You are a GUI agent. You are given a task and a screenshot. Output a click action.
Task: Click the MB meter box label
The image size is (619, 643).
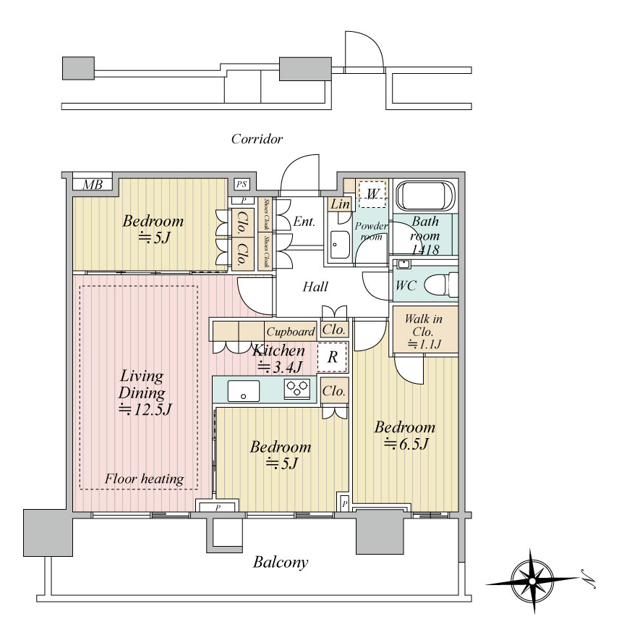click(x=93, y=185)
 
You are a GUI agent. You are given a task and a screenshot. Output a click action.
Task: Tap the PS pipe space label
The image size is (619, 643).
click(x=242, y=184)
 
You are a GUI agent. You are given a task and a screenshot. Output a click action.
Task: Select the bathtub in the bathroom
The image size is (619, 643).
click(x=425, y=196)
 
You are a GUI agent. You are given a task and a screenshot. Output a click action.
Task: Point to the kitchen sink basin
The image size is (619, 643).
click(x=244, y=391)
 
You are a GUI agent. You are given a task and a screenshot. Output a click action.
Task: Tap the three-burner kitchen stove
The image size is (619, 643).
click(x=297, y=389)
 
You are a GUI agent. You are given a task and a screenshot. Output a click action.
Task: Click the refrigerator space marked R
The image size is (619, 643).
click(x=332, y=357)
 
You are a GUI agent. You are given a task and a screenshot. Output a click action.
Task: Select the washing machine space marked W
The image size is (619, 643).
click(x=372, y=194)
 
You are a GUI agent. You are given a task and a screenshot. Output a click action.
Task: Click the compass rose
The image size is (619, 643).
click(x=532, y=581)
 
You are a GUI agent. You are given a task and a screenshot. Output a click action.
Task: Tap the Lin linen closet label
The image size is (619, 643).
click(x=340, y=203)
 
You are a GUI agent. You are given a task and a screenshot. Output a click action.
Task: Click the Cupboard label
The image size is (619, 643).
click(x=291, y=332)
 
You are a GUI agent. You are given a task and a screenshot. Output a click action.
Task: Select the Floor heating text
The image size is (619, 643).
click(x=144, y=479)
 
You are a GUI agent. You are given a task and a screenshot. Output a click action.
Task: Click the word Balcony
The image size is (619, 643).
click(x=281, y=562)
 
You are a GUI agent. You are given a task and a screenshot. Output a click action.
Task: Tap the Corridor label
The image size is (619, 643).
click(x=257, y=139)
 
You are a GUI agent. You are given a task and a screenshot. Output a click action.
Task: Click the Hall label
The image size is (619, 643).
click(x=315, y=286)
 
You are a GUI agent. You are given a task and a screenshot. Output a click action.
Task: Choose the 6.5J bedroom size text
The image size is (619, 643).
click(x=406, y=444)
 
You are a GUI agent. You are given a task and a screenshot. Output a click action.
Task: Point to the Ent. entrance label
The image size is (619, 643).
click(x=304, y=222)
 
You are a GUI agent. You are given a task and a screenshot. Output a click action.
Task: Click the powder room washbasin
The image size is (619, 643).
click(x=340, y=245)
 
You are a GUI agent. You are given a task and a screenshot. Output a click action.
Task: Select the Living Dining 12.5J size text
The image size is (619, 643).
click(x=145, y=409)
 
